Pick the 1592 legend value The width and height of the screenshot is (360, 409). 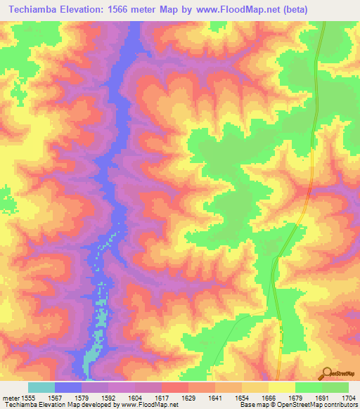click(108, 397)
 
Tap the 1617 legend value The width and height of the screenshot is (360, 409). click(161, 397)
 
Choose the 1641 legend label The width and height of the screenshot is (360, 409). click(214, 397)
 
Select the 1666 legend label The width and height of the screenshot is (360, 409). click(268, 397)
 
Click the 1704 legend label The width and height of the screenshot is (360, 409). click(348, 397)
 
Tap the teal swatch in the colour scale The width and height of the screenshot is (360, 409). click(41, 387)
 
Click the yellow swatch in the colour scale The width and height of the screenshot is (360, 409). click(281, 387)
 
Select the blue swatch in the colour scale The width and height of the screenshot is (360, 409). click(68, 387)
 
